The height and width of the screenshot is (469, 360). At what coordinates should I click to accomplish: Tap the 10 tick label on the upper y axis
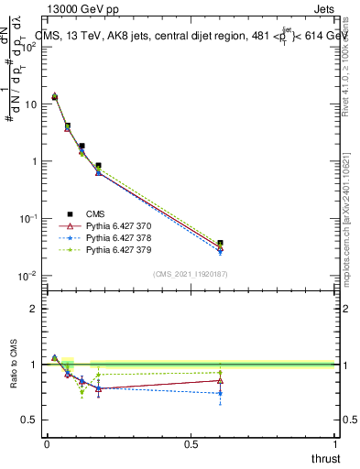29,104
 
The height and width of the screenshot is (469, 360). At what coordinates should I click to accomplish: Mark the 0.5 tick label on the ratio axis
29,420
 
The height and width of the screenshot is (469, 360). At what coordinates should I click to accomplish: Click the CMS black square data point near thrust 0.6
220,244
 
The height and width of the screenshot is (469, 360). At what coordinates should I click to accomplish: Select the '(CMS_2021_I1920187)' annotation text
191,274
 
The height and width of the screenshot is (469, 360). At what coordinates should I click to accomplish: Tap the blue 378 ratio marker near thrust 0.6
220,393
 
